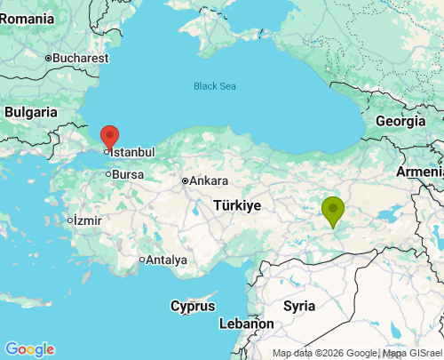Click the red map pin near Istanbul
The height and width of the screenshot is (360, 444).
[x=109, y=137]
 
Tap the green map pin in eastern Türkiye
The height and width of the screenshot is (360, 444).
[x=333, y=211]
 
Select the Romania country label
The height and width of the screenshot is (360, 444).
[x=28, y=18]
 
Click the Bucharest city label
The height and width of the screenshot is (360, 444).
[x=80, y=58]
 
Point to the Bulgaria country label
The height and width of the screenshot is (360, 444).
[x=30, y=112]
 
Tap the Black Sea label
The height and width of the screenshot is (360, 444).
[x=215, y=86]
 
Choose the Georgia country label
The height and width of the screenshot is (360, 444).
[x=400, y=121]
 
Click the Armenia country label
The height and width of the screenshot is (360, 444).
[x=419, y=171]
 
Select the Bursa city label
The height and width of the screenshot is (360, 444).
[x=128, y=174]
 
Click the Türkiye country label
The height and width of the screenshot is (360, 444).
[x=237, y=205]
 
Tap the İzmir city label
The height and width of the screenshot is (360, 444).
[x=88, y=220]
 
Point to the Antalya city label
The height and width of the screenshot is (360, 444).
[x=166, y=260]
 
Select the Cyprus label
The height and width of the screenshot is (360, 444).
[x=193, y=306]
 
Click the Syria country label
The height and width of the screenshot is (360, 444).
[x=299, y=305]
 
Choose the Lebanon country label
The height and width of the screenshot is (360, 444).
[x=246, y=324]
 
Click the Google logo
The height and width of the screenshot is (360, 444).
[x=29, y=349]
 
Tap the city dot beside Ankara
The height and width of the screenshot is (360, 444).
[x=184, y=180]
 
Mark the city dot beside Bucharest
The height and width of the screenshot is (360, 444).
[x=48, y=58]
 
